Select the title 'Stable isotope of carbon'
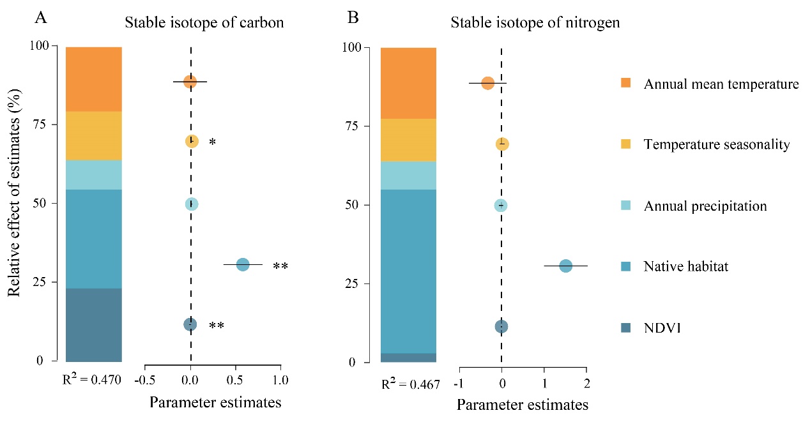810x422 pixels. click(204, 23)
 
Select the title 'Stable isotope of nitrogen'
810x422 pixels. click(535, 23)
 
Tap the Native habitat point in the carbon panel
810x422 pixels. click(243, 264)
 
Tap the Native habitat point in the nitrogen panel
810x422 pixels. click(565, 266)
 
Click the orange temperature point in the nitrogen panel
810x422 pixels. click(487, 83)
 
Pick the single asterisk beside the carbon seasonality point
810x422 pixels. click(212, 142)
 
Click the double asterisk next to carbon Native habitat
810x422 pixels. click(280, 267)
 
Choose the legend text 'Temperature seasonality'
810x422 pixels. click(717, 145)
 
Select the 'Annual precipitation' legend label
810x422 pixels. click(705, 206)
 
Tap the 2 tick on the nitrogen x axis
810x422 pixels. click(586, 384)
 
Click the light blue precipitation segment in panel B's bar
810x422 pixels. click(408, 176)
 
